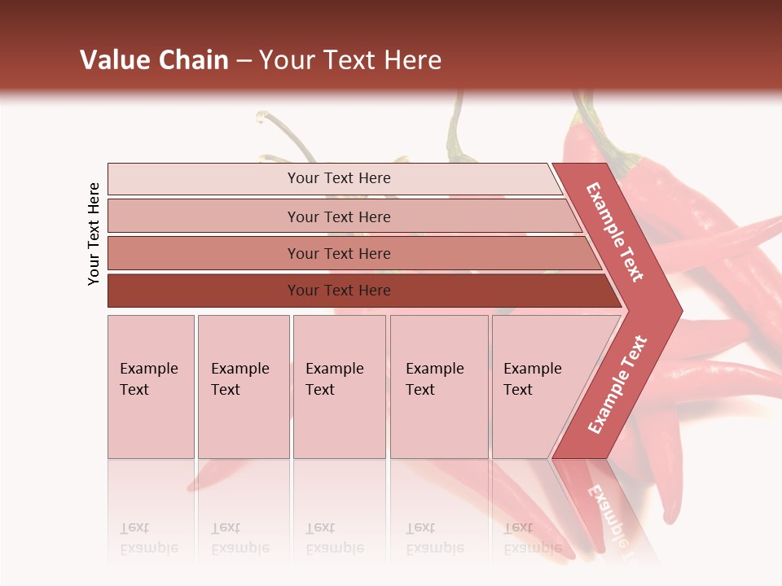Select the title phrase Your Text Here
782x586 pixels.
tap(350, 60)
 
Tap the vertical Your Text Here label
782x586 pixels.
tap(94, 234)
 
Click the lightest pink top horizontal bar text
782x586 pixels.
tap(339, 178)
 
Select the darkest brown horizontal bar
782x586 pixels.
tap(358, 291)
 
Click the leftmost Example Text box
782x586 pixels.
tap(151, 387)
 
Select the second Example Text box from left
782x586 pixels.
tap(244, 387)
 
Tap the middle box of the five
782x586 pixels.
tap(339, 387)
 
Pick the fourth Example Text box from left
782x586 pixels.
tap(439, 387)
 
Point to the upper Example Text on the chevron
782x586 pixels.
tap(615, 232)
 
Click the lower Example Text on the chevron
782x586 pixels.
tap(617, 384)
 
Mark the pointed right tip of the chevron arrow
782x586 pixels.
tap(680, 311)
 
